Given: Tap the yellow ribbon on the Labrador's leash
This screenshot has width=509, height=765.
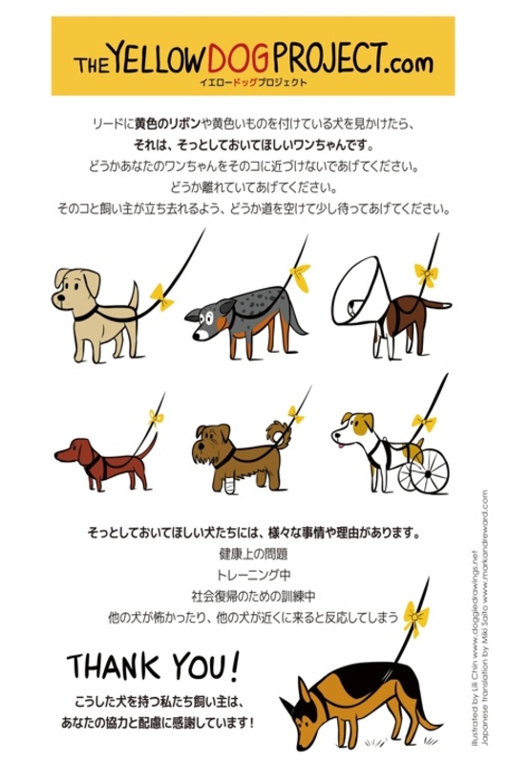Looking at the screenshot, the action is (x=162, y=296).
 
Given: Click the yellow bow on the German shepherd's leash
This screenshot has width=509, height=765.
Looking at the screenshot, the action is (x=415, y=618).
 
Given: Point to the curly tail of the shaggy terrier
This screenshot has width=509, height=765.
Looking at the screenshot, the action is (x=279, y=433).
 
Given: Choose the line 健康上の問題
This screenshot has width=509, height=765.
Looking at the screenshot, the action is (x=253, y=555).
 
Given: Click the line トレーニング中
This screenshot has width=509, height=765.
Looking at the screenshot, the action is (x=253, y=576).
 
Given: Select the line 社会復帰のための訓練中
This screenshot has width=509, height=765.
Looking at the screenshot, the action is (x=253, y=596).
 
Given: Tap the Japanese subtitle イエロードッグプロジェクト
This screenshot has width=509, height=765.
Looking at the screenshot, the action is (x=253, y=82).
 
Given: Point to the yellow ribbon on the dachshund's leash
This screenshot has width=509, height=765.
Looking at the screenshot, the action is (x=156, y=417).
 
